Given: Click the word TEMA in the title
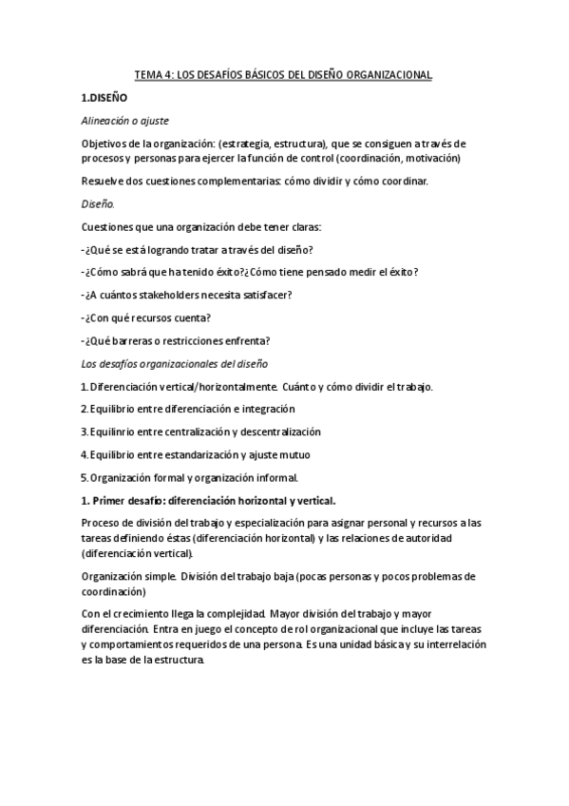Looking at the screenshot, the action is (x=148, y=74).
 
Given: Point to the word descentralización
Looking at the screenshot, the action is (x=274, y=432).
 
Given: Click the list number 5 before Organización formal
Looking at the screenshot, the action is (x=84, y=477).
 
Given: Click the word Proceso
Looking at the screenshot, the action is (x=103, y=523).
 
